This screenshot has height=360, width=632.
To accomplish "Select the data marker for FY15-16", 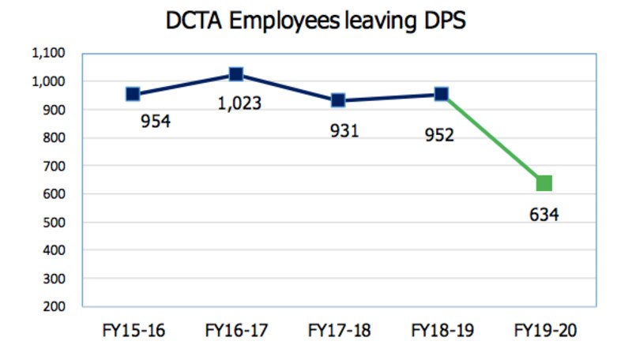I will click(133, 94).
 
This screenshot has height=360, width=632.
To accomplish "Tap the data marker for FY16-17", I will click(235, 74).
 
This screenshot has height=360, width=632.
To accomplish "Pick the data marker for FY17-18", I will click(338, 100).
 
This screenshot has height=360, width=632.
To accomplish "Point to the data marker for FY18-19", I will click(441, 94).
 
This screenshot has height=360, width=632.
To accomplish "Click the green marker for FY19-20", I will click(544, 184).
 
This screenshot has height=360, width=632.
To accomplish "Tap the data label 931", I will click(344, 130).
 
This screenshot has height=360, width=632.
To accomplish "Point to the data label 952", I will click(439, 135).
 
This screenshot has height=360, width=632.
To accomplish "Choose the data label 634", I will click(544, 214).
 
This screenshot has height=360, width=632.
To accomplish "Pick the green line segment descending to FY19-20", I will click(492, 139).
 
